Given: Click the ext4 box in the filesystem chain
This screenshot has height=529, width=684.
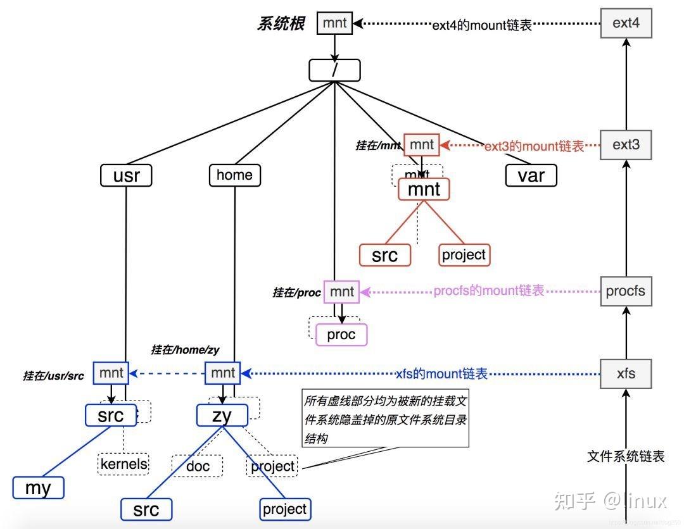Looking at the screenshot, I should (x=626, y=23).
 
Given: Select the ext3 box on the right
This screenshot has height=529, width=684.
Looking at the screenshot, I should (x=626, y=145).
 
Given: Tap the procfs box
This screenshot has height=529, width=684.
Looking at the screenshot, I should (x=625, y=291).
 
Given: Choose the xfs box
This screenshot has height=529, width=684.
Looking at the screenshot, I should (x=626, y=373).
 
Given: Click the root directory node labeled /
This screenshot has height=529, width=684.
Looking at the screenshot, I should (x=334, y=70).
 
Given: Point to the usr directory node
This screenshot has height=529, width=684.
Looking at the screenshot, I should (x=126, y=175).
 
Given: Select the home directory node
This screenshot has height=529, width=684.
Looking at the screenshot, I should (x=234, y=175).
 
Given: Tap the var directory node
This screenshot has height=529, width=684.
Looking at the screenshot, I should (x=531, y=175).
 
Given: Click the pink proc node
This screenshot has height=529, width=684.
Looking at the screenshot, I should (x=341, y=335).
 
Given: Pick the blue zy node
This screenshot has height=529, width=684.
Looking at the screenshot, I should (x=222, y=415).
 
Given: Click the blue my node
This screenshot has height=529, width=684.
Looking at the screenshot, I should (x=39, y=488).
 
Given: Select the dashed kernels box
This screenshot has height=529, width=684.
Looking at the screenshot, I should (x=123, y=464).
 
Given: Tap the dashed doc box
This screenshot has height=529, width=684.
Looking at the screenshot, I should (x=198, y=466).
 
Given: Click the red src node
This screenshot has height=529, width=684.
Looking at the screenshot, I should (x=384, y=255).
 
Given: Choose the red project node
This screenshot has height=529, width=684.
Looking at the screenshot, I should (x=464, y=255).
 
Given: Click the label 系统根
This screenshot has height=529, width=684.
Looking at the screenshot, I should (x=281, y=24).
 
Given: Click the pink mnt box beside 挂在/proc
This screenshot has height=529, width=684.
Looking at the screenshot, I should (x=341, y=292).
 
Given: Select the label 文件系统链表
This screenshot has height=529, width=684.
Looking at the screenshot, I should (x=626, y=456).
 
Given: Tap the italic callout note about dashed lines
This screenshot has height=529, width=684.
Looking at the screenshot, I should (x=386, y=420).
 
